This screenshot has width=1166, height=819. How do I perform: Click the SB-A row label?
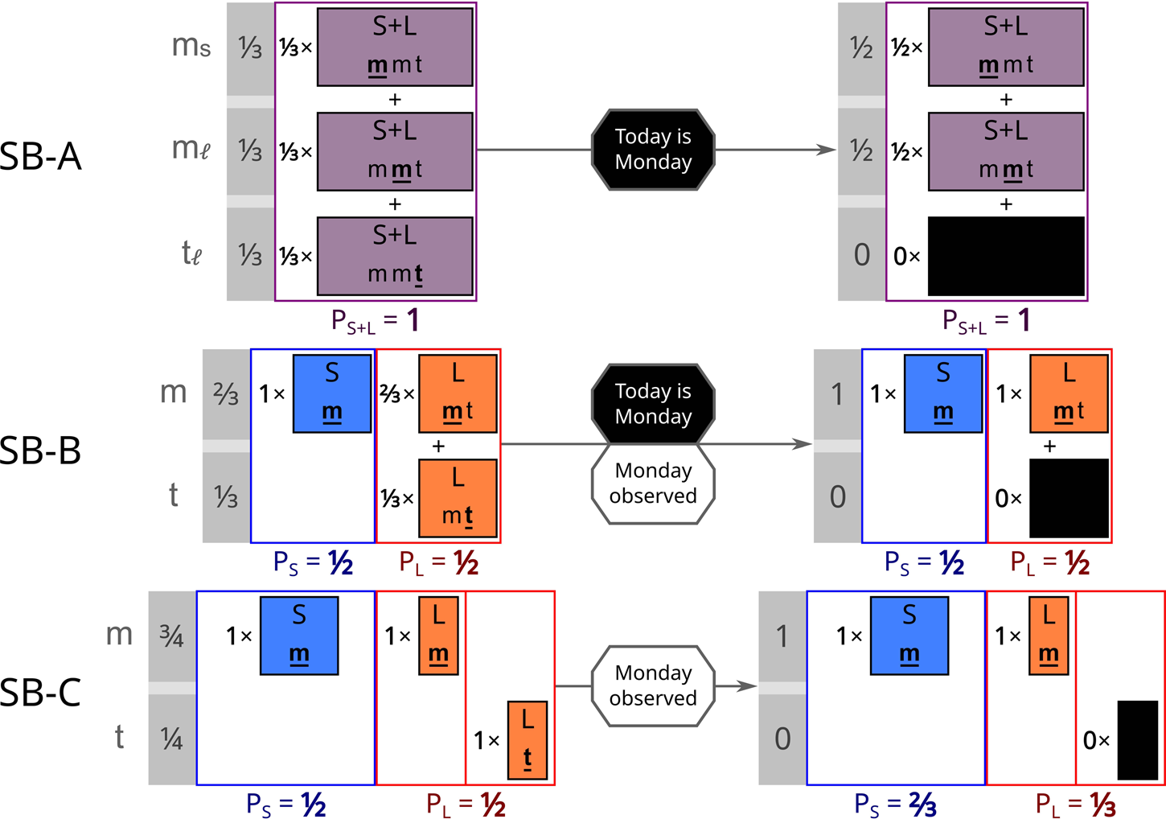coord(40,156)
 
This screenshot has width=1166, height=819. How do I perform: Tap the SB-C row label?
coord(40,692)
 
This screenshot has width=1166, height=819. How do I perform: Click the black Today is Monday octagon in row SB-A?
coord(653,150)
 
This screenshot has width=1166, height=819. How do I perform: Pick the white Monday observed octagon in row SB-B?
coord(653,484)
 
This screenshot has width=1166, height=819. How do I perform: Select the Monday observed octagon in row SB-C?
coord(653,685)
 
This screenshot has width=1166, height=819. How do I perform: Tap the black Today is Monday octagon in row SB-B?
coord(653,403)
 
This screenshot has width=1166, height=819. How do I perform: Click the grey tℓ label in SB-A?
coord(191,254)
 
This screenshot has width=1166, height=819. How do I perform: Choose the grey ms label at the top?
coord(191,47)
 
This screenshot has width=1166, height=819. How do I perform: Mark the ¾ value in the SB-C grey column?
coord(171,636)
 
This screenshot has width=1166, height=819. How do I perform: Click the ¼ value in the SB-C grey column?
coord(171,739)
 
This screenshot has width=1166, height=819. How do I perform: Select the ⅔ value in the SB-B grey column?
coord(226,393)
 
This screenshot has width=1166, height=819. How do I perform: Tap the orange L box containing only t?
coord(528,740)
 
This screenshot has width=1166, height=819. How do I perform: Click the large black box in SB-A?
coord(1006,257)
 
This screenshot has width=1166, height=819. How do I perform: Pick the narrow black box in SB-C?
coord(1138,740)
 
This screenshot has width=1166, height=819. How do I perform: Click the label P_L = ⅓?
coord(1075,805)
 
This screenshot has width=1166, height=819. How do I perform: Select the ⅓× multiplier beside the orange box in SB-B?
coord(397,499)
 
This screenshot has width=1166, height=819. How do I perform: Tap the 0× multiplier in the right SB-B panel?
coord(1008,499)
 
